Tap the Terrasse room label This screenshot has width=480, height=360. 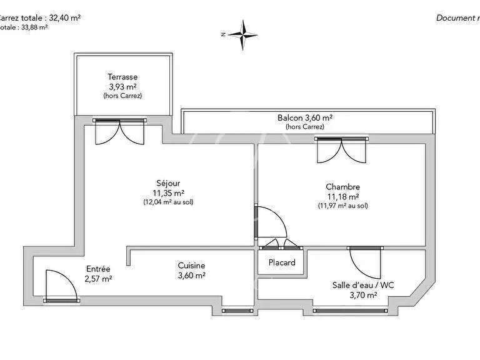[x=122, y=77]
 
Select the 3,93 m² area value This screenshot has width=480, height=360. [x=122, y=87]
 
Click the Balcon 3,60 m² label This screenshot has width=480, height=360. [x=304, y=117]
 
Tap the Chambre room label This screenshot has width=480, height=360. [x=342, y=186]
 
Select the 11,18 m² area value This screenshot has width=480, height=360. [x=342, y=196]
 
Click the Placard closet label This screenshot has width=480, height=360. [x=281, y=262]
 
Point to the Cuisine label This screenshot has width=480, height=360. [x=191, y=266]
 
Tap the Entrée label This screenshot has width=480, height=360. [x=98, y=269]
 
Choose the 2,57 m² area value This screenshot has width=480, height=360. [x=98, y=279]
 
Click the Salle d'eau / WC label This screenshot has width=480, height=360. [x=362, y=285]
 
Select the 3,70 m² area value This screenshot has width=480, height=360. [x=362, y=295]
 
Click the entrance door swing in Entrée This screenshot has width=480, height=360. [x=59, y=286]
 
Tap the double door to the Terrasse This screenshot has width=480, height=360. [x=120, y=131]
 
